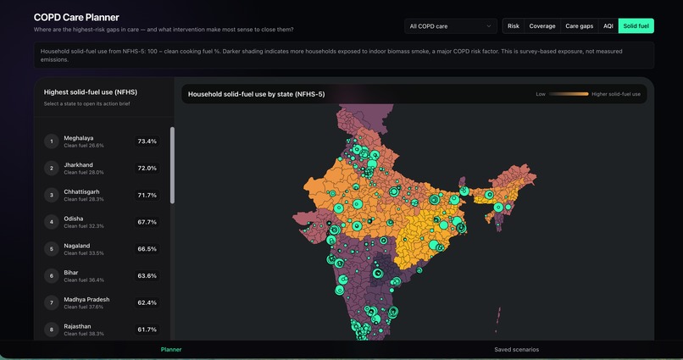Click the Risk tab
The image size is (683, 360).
[x=514, y=26]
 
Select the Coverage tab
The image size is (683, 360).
[x=541, y=26]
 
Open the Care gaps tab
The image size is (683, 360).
[x=579, y=26]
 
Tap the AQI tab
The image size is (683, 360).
[x=608, y=26]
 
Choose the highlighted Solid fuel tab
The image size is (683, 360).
[x=636, y=26]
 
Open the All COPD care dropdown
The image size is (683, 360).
[x=451, y=26]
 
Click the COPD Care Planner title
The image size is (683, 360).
[x=76, y=18]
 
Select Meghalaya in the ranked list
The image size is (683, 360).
[x=79, y=138]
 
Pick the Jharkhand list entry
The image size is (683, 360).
[x=79, y=165]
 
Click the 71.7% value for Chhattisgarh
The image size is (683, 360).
[x=147, y=195]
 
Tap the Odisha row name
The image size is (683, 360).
[x=73, y=219]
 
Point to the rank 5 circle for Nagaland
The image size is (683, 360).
[x=52, y=249]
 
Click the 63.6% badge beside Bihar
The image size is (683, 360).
[x=147, y=275]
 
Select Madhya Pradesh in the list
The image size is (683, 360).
[x=86, y=300]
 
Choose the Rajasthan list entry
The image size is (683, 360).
[x=77, y=326]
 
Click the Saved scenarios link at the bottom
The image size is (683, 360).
[x=516, y=350]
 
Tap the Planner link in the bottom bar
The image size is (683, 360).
[x=171, y=350]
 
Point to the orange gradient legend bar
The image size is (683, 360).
[x=569, y=94]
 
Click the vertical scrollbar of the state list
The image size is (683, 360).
[x=173, y=165]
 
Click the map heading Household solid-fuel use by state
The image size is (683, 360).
[x=256, y=94]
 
